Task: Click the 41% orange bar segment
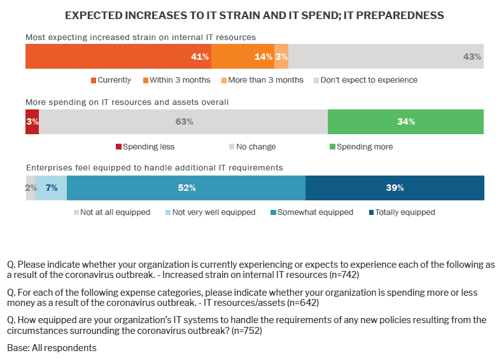[118, 57]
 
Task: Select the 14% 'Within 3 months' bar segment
[242, 57]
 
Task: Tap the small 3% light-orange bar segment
[281, 57]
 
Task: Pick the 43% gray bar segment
[386, 57]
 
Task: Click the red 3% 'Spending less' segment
[32, 121]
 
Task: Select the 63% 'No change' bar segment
[183, 121]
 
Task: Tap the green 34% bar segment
[405, 121]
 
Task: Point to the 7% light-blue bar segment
[51, 188]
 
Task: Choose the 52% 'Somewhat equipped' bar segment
[186, 188]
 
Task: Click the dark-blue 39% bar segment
[395, 188]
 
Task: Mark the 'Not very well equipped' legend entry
[209, 212]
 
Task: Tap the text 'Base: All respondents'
[52, 349]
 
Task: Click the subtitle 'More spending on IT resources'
[127, 102]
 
